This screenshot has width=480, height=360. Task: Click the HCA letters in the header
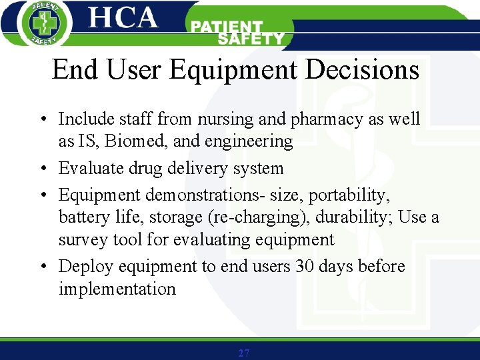click(124, 18)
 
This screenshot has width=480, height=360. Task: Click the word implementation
click(117, 289)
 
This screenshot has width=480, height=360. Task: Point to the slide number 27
click(243, 353)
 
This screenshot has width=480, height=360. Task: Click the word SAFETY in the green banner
click(251, 39)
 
